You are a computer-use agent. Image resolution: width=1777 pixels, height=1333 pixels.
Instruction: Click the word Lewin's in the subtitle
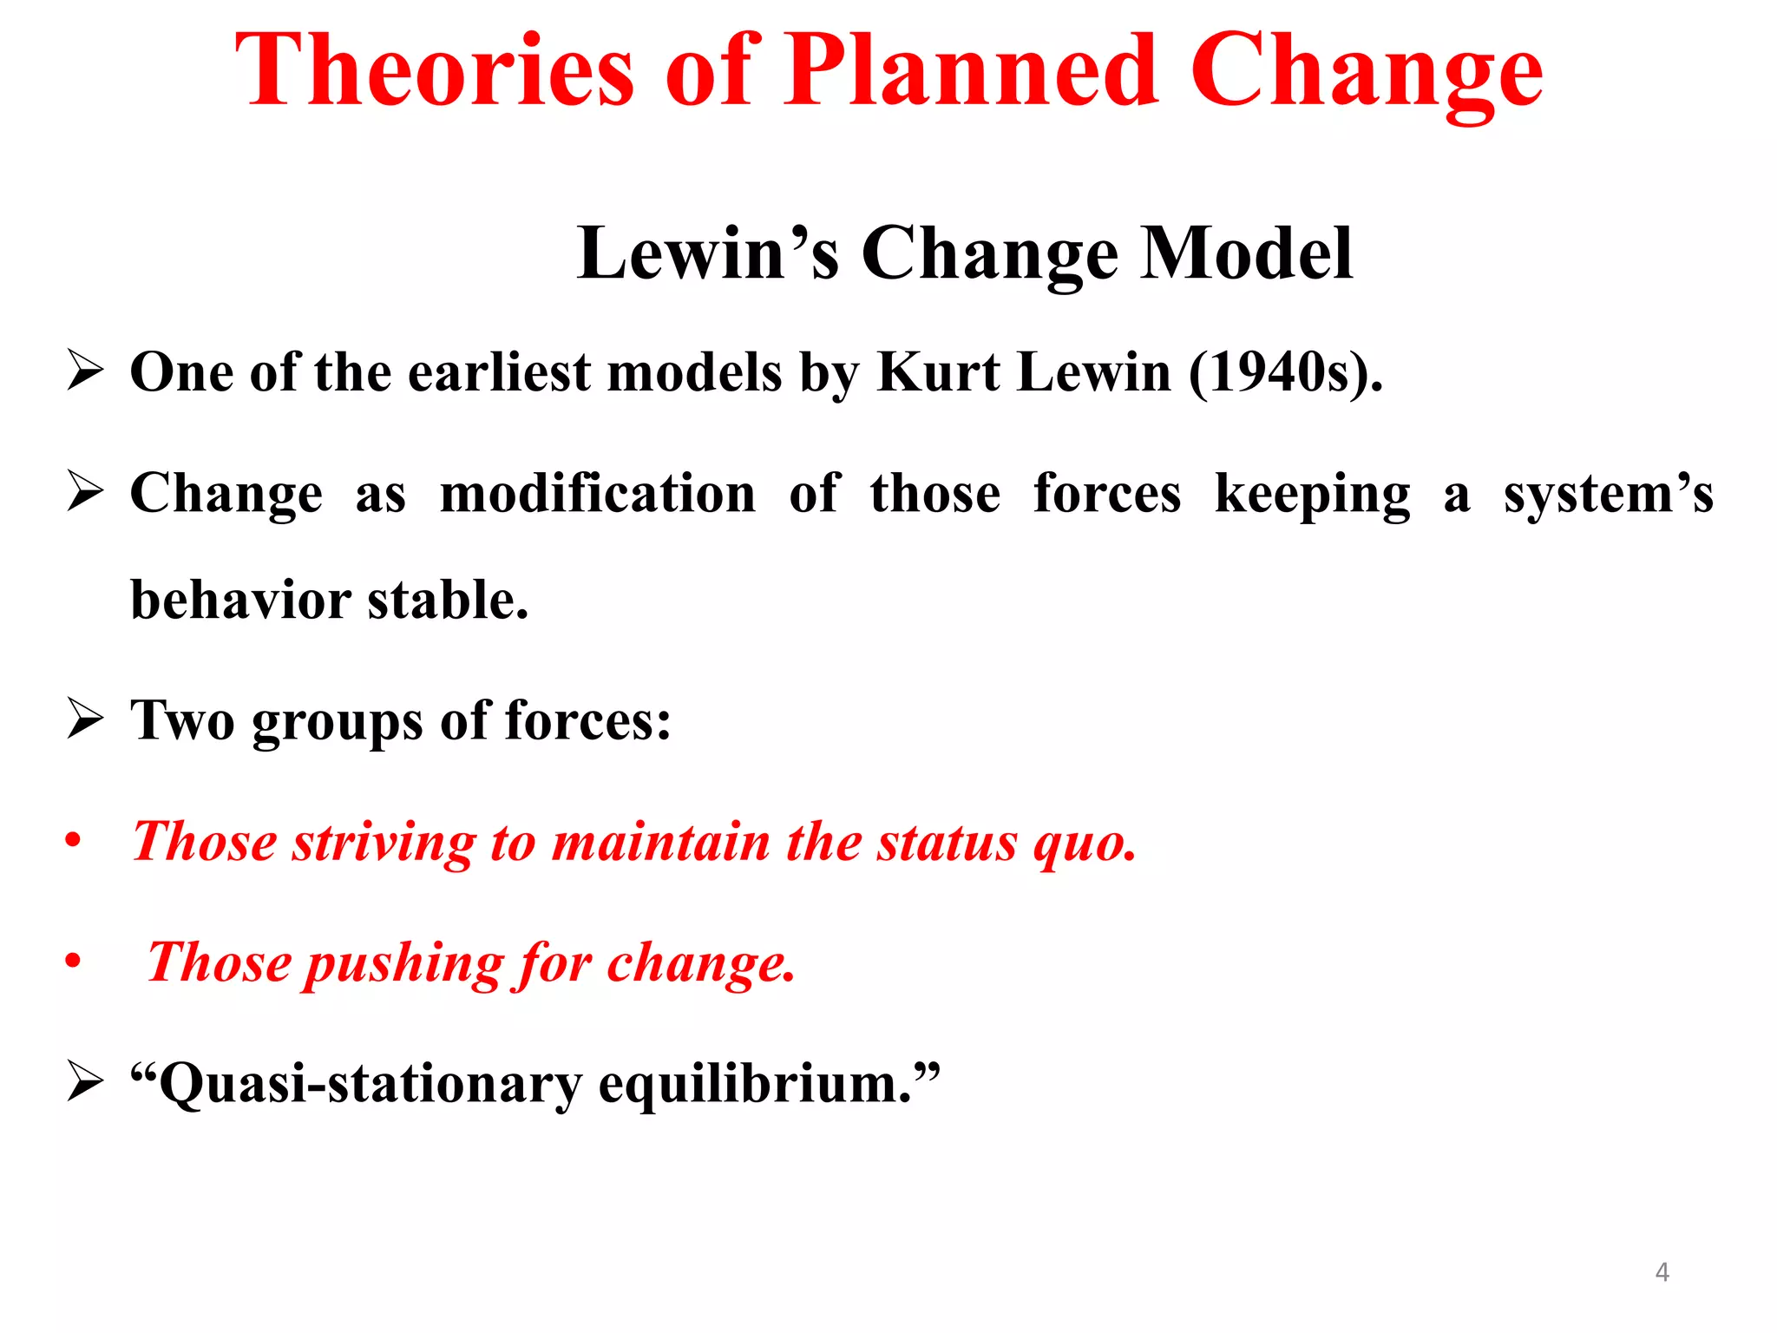(x=707, y=253)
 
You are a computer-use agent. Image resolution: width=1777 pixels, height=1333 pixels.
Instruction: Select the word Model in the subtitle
(x=1246, y=253)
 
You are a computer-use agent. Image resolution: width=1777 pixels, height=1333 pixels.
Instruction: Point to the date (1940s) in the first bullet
(x=1284, y=373)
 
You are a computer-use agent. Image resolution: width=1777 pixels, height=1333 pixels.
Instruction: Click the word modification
(x=598, y=495)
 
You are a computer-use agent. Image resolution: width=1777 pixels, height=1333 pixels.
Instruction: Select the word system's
(x=1608, y=495)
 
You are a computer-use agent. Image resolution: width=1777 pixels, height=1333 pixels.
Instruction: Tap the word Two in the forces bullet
(x=181, y=720)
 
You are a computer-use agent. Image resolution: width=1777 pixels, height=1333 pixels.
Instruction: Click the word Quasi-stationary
(x=364, y=1085)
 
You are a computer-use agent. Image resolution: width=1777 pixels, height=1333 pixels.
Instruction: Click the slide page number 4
(x=1662, y=1272)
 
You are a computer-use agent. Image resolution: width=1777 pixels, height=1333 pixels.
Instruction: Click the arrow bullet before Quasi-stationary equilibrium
(x=85, y=1083)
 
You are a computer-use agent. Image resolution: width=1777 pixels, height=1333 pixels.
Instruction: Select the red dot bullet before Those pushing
(x=73, y=961)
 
